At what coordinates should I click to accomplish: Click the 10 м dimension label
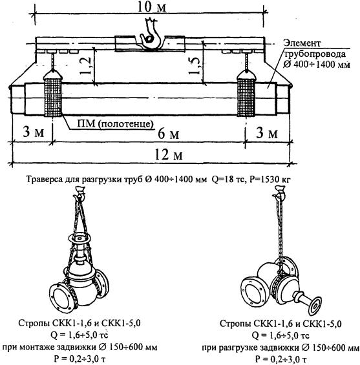[152, 6]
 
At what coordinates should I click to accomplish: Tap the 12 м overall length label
[168, 154]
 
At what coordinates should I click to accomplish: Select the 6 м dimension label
[168, 134]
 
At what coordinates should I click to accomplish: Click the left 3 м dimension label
[34, 132]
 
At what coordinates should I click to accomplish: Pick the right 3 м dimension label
[267, 133]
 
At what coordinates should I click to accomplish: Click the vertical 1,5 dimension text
[194, 66]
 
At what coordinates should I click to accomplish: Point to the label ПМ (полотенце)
[116, 123]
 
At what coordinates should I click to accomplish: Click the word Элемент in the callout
[302, 43]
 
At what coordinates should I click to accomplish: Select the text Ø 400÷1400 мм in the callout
[317, 64]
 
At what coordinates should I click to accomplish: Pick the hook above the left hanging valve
[79, 193]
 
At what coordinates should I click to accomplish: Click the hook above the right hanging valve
[280, 193]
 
